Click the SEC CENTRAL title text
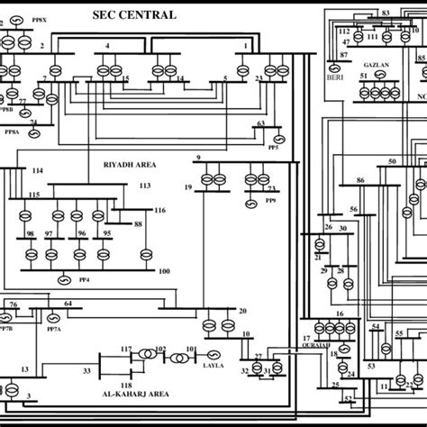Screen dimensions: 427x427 (135, 15)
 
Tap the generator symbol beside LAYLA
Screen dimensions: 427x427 (214, 355)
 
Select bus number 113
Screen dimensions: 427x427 (143, 185)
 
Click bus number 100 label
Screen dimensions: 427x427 (163, 271)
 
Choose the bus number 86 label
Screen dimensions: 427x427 (359, 181)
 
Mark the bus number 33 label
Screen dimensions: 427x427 (86, 369)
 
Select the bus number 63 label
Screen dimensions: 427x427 (261, 123)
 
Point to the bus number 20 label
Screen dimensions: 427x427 (241, 312)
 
